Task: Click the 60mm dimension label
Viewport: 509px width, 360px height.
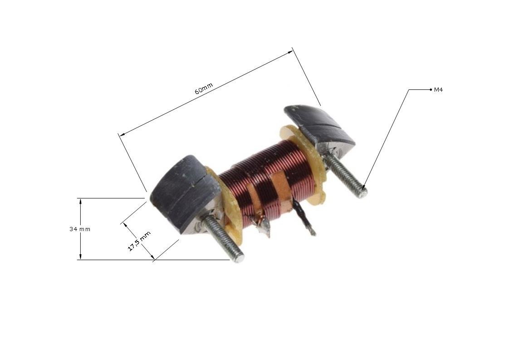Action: click(x=204, y=89)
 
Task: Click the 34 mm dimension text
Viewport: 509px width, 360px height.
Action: click(x=80, y=229)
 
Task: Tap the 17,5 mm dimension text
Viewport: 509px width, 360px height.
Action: click(x=139, y=241)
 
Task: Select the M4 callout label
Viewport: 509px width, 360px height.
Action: click(x=438, y=90)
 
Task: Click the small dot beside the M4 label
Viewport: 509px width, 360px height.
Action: click(x=431, y=90)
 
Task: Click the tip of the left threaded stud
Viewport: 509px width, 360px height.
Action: click(x=240, y=258)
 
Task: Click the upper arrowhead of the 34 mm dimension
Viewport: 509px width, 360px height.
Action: click(x=81, y=201)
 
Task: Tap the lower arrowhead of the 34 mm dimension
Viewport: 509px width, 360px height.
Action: click(x=81, y=257)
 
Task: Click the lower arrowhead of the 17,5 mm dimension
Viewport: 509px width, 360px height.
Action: click(x=153, y=258)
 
